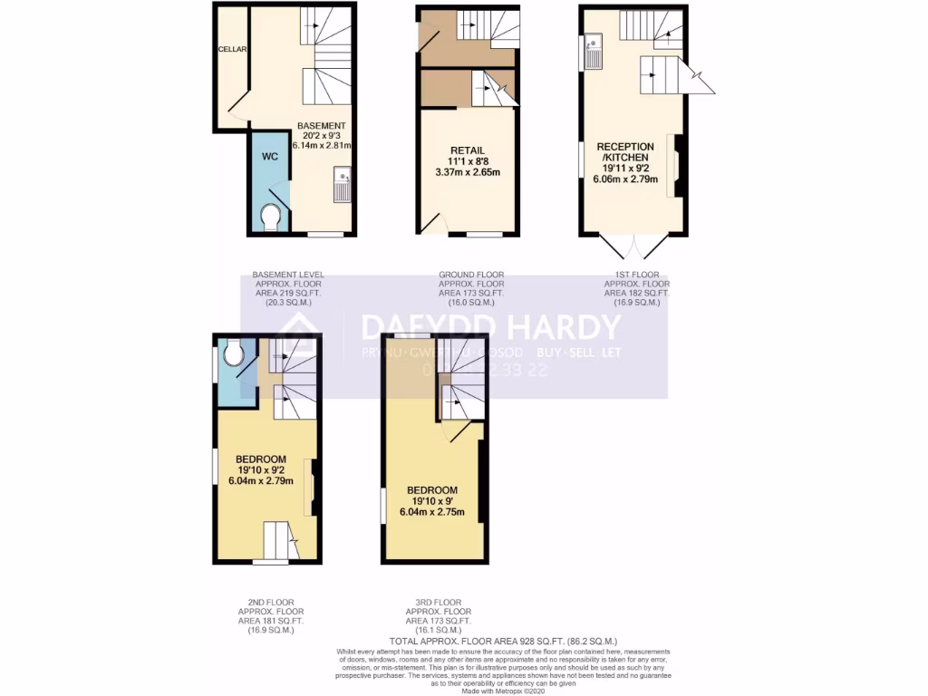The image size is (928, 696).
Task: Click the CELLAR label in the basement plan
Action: pyautogui.click(x=233, y=50)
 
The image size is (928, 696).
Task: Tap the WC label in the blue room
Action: pyautogui.click(x=269, y=156)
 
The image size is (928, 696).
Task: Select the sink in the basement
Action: pyautogui.click(x=342, y=185)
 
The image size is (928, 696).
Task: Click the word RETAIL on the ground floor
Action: pyautogui.click(x=469, y=150)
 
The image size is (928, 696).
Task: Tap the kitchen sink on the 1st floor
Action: pyautogui.click(x=594, y=51)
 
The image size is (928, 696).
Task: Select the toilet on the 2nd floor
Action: pyautogui.click(x=233, y=353)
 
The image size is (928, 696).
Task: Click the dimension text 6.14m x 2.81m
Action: pyautogui.click(x=322, y=145)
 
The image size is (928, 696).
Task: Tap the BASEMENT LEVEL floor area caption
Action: pyautogui.click(x=288, y=288)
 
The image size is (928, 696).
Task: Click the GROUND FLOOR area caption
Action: pyautogui.click(x=470, y=288)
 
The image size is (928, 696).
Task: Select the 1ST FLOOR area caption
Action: pyautogui.click(x=636, y=288)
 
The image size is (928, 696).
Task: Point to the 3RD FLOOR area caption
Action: pyautogui.click(x=438, y=616)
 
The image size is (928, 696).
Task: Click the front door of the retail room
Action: pyautogui.click(x=436, y=224)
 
